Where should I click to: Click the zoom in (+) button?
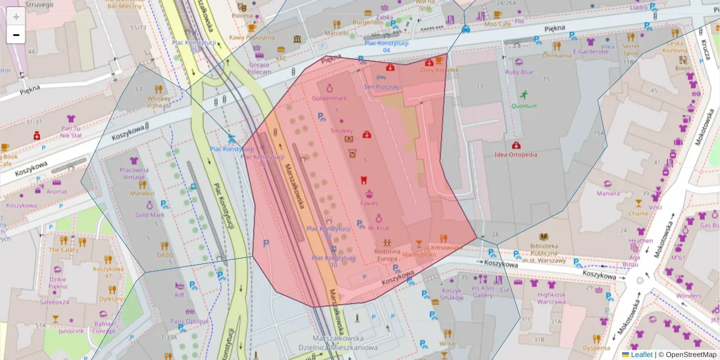16,17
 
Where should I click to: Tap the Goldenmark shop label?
329,98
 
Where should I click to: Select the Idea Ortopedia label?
515,154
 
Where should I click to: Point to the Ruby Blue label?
518,72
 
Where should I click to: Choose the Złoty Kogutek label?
439,70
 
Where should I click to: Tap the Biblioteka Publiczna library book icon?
544,237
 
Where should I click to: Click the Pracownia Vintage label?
133,173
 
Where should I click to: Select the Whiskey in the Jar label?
158,102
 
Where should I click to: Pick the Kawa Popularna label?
252,37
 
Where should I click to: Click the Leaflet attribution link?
641,355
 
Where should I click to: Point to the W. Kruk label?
379,228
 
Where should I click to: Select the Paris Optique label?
189,321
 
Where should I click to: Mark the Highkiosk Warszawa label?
551,298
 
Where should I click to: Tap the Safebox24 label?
55,302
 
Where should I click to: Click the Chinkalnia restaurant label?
557,55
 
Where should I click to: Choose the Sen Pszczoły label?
381,86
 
